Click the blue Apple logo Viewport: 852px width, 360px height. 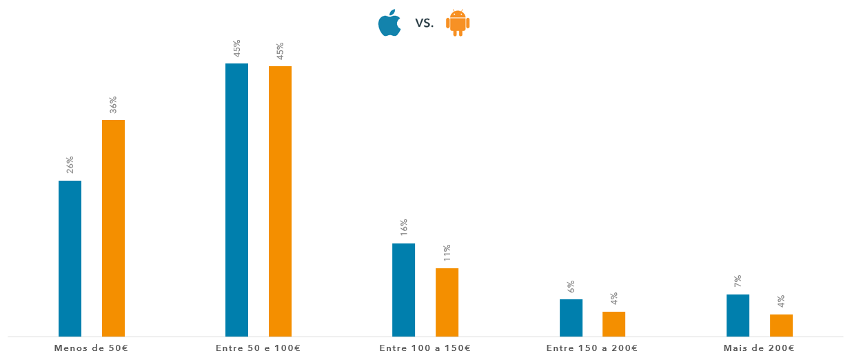coord(389,23)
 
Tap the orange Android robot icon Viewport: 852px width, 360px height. coord(458,23)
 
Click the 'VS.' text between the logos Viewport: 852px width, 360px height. coord(425,23)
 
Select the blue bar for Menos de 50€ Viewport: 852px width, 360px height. coord(70,259)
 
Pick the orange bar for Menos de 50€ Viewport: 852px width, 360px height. coord(113,228)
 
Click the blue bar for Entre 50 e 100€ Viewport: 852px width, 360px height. coord(236,200)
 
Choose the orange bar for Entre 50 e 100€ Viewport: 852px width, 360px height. coord(280,201)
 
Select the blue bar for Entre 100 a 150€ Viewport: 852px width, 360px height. coord(403,290)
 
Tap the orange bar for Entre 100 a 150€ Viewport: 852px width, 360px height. coord(447,302)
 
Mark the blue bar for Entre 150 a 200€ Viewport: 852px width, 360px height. coord(571,318)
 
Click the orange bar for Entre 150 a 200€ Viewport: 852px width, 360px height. coord(613,324)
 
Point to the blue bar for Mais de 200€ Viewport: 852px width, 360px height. coord(738,315)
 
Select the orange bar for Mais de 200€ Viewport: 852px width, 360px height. coord(781,326)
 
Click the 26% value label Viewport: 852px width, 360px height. coord(70,165)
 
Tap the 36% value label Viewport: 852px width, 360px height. coord(113,104)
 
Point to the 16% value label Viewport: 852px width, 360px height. coord(403,228)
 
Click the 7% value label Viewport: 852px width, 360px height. coord(738,281)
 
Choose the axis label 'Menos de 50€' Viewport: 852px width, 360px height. coord(91,348)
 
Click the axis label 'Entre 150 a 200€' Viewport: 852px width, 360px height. coord(592,348)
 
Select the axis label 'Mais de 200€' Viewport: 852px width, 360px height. coord(759,348)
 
